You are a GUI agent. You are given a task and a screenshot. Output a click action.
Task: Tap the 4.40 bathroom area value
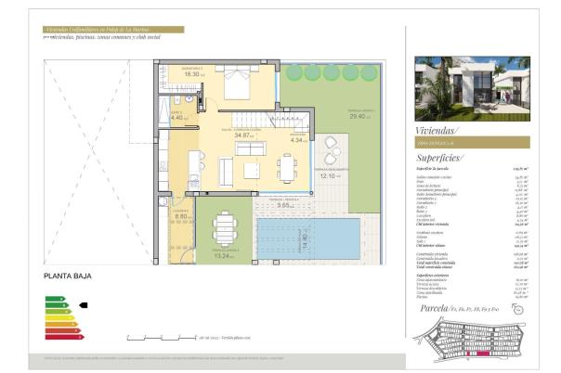tap(178, 118)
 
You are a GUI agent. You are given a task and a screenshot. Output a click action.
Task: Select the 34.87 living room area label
tap(245, 135)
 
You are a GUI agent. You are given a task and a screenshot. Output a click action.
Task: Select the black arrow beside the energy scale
tap(83, 303)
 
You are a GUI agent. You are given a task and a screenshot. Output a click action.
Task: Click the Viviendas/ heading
tap(437, 131)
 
